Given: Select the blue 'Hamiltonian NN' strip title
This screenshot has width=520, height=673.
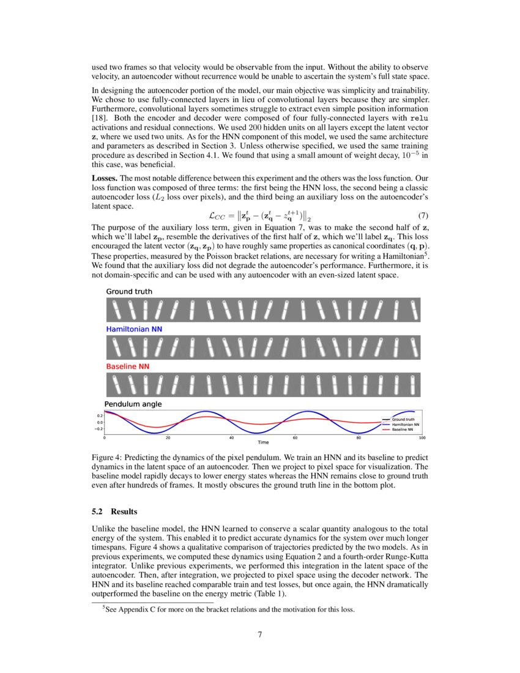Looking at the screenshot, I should pyautogui.click(x=134, y=329).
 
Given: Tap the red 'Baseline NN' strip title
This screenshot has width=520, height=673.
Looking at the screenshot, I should pyautogui.click(x=127, y=366).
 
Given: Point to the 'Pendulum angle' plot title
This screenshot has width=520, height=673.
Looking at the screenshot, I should pyautogui.click(x=133, y=404).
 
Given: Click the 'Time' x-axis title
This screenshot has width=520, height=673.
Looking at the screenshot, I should pyautogui.click(x=263, y=442).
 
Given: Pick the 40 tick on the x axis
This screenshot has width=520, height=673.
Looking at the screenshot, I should pyautogui.click(x=231, y=437).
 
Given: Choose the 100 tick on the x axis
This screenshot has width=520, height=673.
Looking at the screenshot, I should pyautogui.click(x=422, y=437).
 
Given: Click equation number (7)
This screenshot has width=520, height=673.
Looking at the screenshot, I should pyautogui.click(x=422, y=215).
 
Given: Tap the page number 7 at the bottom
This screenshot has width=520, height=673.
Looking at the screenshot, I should pyautogui.click(x=260, y=634).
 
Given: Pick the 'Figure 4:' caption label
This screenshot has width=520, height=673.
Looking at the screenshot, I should pyautogui.click(x=108, y=458).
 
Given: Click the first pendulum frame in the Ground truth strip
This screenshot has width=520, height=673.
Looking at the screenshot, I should pyautogui.click(x=114, y=310).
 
